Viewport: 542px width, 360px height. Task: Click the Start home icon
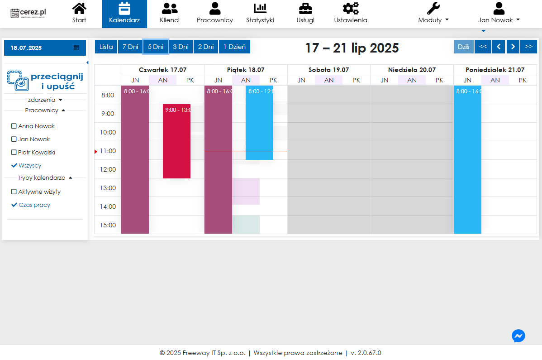[79, 9]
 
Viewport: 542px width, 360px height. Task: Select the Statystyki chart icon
[260, 9]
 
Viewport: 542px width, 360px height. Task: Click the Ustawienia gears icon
[351, 9]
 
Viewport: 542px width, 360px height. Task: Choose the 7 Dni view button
[130, 47]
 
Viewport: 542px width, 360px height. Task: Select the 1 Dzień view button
[234, 47]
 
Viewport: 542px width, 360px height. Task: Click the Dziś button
[464, 47]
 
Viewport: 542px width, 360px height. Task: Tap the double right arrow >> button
[528, 47]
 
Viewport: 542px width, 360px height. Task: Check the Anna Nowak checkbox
[14, 126]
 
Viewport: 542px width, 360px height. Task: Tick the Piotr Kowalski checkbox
[14, 153]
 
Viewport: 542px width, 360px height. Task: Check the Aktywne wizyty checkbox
[14, 192]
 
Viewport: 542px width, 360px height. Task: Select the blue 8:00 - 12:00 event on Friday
[259, 123]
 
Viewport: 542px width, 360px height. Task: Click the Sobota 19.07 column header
[329, 70]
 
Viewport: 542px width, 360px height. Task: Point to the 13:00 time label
[108, 188]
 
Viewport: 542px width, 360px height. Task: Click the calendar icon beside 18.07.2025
[76, 48]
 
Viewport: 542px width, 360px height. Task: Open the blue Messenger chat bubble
[518, 336]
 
